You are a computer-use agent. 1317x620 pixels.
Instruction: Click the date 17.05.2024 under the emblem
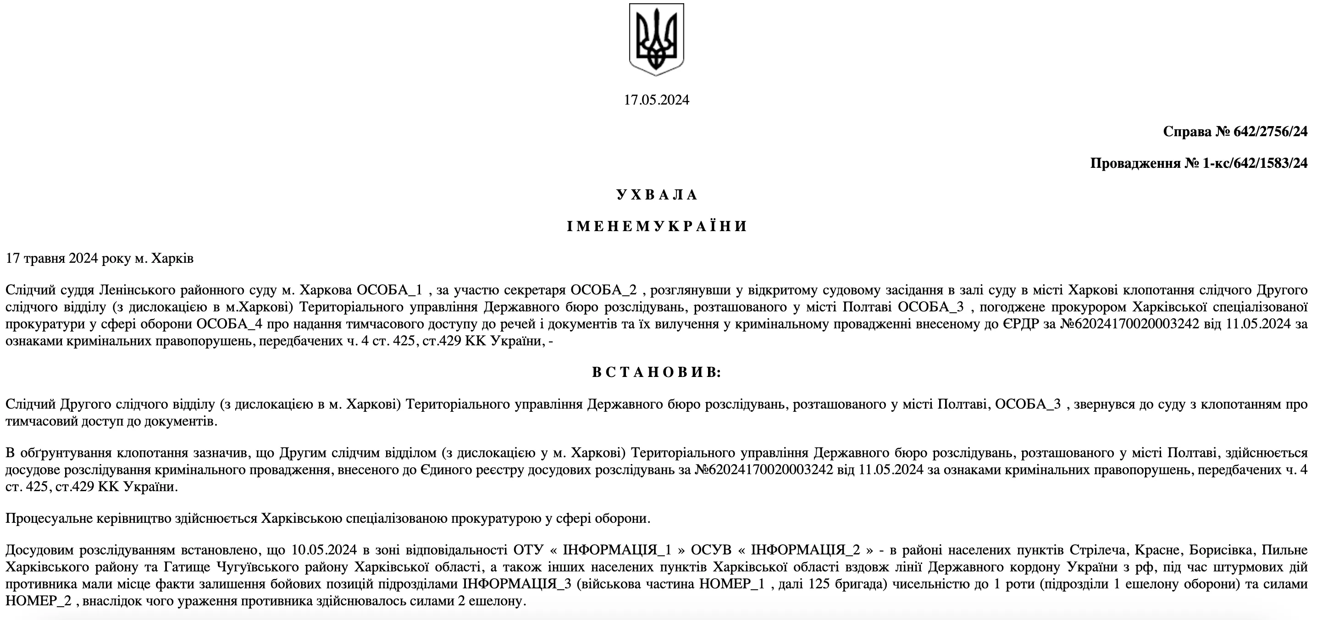point(657,100)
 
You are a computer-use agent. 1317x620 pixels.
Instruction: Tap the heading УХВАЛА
point(657,195)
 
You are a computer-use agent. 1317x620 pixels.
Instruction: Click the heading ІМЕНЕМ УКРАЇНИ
point(657,227)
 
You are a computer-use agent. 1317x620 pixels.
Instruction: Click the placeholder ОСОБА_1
point(390,290)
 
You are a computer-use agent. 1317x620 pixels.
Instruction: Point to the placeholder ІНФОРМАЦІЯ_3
point(517,584)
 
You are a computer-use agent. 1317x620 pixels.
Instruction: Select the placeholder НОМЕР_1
point(731,584)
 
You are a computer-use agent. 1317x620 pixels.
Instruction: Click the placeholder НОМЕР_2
point(39,601)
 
